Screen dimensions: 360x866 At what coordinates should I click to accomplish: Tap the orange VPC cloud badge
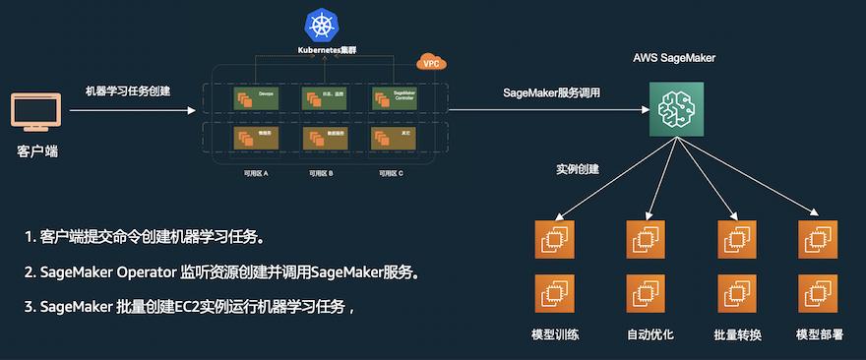(x=431, y=62)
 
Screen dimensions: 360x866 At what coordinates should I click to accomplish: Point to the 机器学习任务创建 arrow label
(x=127, y=91)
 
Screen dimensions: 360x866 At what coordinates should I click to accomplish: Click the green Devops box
(x=255, y=98)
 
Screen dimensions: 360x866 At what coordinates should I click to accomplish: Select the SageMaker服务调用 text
(x=551, y=93)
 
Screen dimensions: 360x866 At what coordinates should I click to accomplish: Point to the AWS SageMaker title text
(x=673, y=59)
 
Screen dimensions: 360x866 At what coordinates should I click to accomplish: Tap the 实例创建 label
(x=578, y=168)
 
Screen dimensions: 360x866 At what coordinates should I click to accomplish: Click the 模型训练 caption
(x=555, y=334)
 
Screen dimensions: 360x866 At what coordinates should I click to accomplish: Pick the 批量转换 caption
(x=737, y=334)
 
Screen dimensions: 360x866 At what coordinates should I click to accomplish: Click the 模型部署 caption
(x=820, y=334)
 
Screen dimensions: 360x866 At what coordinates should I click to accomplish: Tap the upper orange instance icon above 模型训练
(x=554, y=239)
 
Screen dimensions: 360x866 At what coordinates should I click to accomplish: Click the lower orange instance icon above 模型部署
(x=818, y=293)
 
